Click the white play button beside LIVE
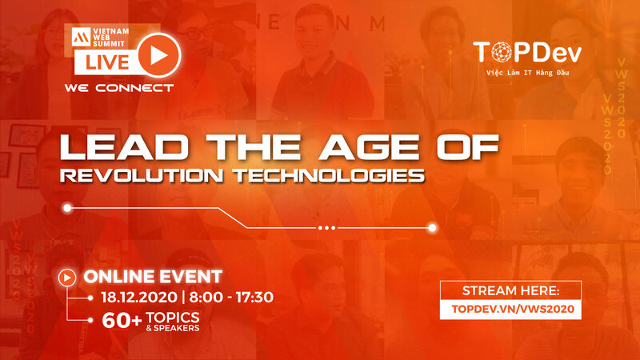click(x=158, y=55)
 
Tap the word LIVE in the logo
click(x=107, y=62)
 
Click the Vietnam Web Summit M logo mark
click(x=82, y=37)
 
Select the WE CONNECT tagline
click(x=118, y=88)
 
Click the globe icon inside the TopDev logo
click(x=502, y=52)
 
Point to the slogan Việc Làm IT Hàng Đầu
click(x=527, y=73)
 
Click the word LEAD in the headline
click(x=125, y=147)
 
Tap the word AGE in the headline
click(x=370, y=147)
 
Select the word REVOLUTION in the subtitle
click(x=142, y=175)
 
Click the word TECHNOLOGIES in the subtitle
click(x=329, y=175)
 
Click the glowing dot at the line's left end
click(x=67, y=208)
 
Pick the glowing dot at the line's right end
click(x=432, y=228)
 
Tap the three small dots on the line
click(x=327, y=228)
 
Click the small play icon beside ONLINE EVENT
click(x=67, y=278)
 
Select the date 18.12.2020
click(x=139, y=297)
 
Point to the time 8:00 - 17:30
click(x=231, y=297)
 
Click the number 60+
click(x=122, y=321)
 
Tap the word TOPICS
click(x=173, y=317)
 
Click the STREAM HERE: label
click(x=510, y=290)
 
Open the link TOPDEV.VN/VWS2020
click(x=513, y=309)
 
